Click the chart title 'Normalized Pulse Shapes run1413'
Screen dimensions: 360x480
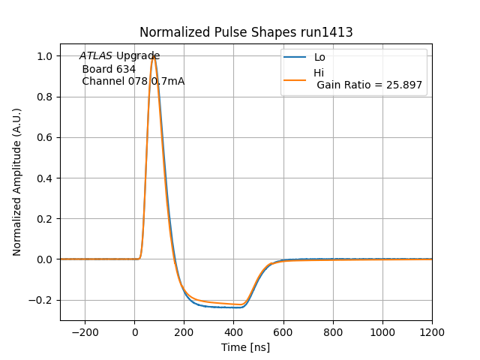pyautogui.click(x=246, y=32)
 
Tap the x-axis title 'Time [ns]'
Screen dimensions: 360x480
pyautogui.click(x=246, y=347)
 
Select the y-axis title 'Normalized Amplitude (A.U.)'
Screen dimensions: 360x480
pyautogui.click(x=16, y=182)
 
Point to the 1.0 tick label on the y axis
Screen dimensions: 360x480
pyautogui.click(x=44, y=56)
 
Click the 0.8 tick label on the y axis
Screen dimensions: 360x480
pyautogui.click(x=44, y=97)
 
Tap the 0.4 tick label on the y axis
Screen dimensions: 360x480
pyautogui.click(x=44, y=178)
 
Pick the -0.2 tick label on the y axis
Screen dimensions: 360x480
pyautogui.click(x=41, y=300)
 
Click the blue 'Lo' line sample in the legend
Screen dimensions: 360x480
pyautogui.click(x=295, y=57)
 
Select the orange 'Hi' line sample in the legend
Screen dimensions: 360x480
pyautogui.click(x=295, y=79)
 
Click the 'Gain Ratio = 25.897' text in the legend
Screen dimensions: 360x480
pyautogui.click(x=370, y=85)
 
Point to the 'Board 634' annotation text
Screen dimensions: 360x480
pyautogui.click(x=109, y=69)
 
